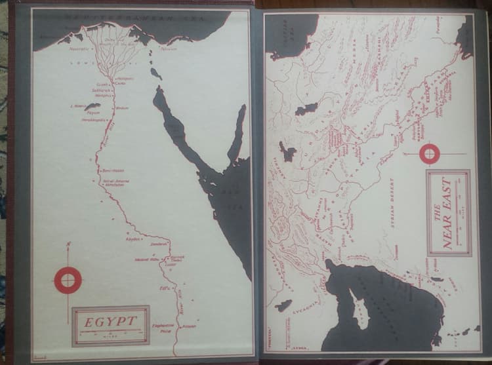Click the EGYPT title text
[110, 321]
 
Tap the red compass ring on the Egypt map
[68, 280]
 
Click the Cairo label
[120, 84]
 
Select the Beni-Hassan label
[109, 171]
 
